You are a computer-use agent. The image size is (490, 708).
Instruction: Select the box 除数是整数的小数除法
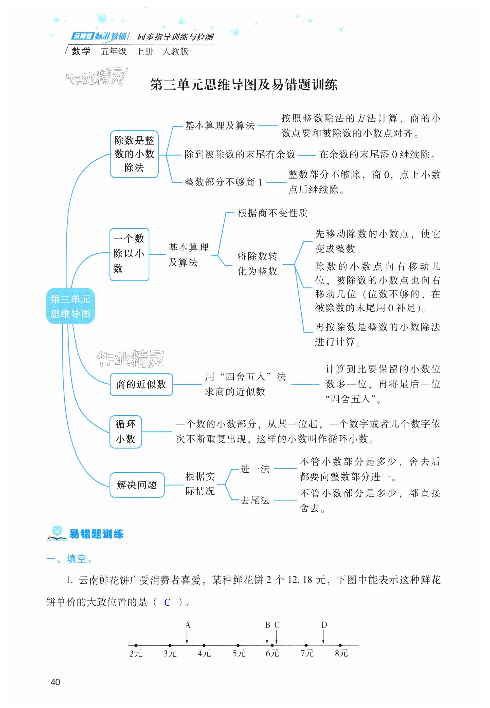(x=134, y=154)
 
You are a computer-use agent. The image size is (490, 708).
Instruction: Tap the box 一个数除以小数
(x=129, y=254)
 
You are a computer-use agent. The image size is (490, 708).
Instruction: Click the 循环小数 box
(x=125, y=432)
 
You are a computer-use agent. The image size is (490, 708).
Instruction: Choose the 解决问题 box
(x=137, y=485)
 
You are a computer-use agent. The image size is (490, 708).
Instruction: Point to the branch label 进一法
(x=255, y=469)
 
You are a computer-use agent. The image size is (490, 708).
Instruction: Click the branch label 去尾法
(x=255, y=500)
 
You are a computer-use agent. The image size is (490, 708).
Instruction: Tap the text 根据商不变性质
(x=272, y=213)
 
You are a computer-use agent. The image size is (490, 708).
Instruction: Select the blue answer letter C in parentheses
(x=167, y=602)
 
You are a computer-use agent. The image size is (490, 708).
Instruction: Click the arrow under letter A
(x=187, y=638)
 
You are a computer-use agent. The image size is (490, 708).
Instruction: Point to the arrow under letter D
(x=323, y=638)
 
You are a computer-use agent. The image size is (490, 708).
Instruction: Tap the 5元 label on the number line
(x=239, y=653)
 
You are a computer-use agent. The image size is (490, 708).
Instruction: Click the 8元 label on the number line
(x=341, y=653)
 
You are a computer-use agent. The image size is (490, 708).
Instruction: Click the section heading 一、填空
(x=69, y=558)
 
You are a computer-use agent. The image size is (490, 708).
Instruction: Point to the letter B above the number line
(x=267, y=625)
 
